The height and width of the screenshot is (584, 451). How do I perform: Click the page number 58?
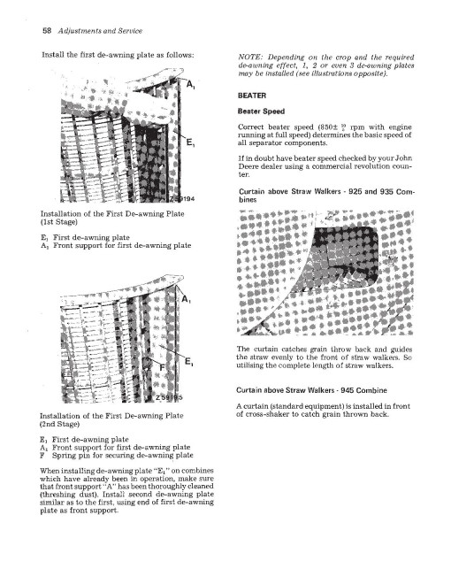click(47, 31)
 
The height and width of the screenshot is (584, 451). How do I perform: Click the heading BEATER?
click(252, 96)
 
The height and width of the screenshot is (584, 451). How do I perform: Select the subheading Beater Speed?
click(261, 111)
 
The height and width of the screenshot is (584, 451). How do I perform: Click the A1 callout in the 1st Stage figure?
click(190, 85)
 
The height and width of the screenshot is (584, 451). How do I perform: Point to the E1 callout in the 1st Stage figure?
click(190, 142)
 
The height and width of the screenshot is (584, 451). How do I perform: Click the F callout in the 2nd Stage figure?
click(162, 367)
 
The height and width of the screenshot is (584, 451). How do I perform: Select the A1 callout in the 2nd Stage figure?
click(186, 299)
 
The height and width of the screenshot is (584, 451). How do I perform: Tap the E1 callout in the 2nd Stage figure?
click(189, 361)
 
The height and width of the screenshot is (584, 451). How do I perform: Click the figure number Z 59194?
click(182, 199)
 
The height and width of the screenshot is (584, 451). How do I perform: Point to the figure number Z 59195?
click(169, 397)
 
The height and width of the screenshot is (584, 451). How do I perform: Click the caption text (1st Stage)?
click(58, 222)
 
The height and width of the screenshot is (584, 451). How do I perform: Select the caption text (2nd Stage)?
click(59, 424)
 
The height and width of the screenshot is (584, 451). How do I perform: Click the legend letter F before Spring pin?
click(42, 455)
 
